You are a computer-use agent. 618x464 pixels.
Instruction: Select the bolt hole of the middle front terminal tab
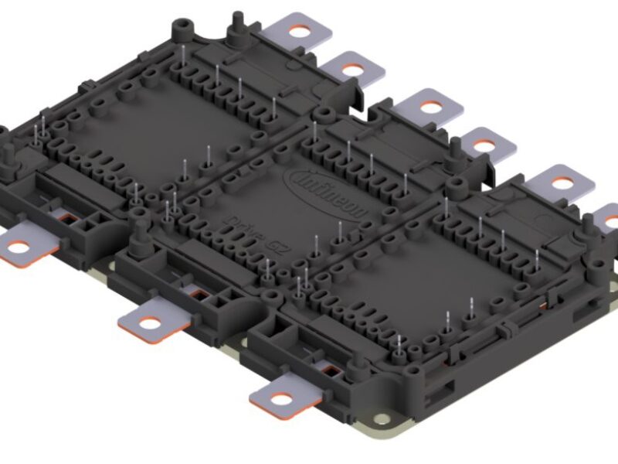coord(147,318)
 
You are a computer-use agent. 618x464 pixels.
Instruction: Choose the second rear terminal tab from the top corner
coord(351,69)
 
